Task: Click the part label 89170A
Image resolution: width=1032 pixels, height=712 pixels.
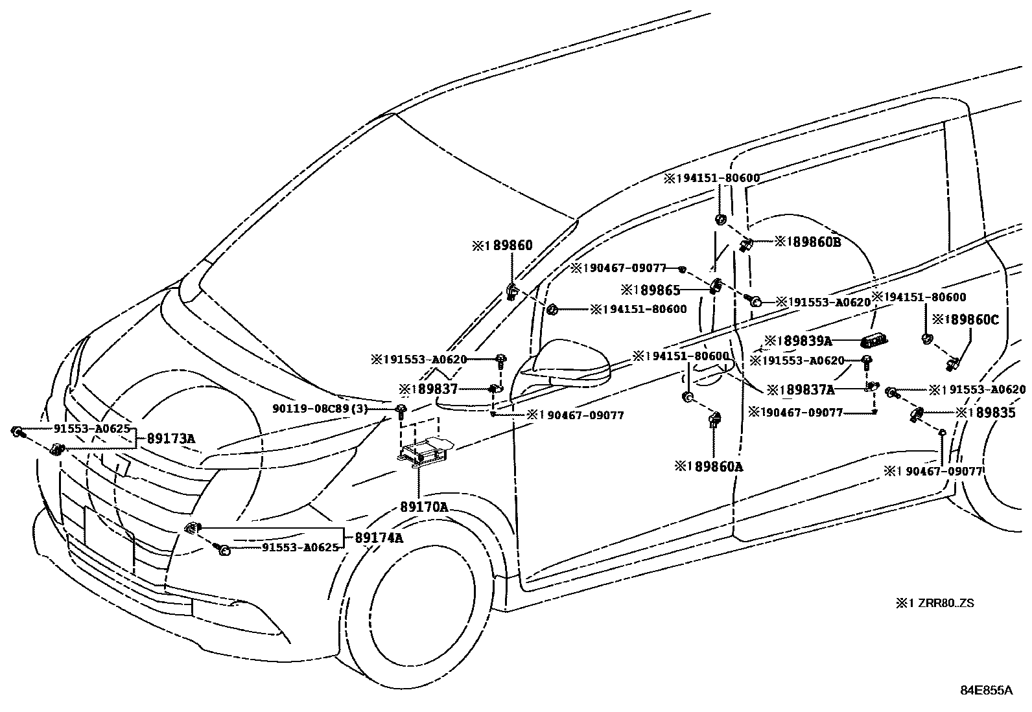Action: pyautogui.click(x=423, y=507)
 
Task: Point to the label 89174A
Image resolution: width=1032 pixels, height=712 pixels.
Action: pyautogui.click(x=378, y=537)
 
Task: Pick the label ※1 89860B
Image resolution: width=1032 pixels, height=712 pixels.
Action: pyautogui.click(x=807, y=242)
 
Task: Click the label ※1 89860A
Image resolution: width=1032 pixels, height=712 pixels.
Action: pyautogui.click(x=709, y=466)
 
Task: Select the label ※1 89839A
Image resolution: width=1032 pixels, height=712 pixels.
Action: pyautogui.click(x=798, y=341)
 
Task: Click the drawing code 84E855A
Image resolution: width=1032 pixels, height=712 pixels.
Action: pyautogui.click(x=986, y=690)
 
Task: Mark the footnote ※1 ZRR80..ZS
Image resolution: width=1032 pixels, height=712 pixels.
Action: pyautogui.click(x=935, y=603)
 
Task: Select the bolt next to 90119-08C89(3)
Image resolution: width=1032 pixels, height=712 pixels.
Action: pyautogui.click(x=401, y=409)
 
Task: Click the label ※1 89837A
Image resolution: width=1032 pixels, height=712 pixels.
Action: pyautogui.click(x=800, y=389)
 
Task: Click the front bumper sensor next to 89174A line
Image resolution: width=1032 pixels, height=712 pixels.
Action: pyautogui.click(x=191, y=528)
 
